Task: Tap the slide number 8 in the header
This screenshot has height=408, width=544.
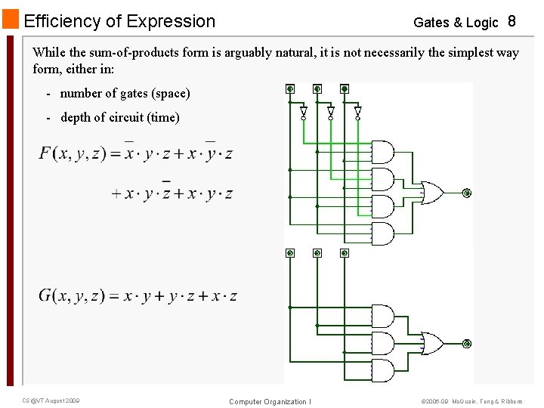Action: pyautogui.click(x=512, y=21)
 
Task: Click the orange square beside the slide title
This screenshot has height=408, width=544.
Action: pyautogui.click(x=11, y=20)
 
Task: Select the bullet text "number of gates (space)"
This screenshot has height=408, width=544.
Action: pyautogui.click(x=125, y=94)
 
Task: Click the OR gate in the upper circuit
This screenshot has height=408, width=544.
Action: pyautogui.click(x=431, y=193)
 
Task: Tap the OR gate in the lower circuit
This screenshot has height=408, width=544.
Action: pyautogui.click(x=431, y=343)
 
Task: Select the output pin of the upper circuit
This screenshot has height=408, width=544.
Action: pyautogui.click(x=466, y=193)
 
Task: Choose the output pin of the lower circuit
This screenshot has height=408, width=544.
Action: pyautogui.click(x=466, y=344)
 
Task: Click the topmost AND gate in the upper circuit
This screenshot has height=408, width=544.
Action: pyautogui.click(x=382, y=152)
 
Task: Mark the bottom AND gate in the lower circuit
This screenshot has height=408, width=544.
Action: pyautogui.click(x=382, y=370)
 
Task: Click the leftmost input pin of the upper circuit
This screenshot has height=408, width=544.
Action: pyautogui.click(x=290, y=88)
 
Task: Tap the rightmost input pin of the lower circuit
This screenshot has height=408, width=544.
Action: pyautogui.click(x=345, y=253)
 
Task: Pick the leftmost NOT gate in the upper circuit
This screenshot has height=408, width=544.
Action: pyautogui.click(x=304, y=113)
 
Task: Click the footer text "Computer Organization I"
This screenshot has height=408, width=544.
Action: pyautogui.click(x=270, y=401)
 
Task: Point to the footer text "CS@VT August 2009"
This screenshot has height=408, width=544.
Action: pyautogui.click(x=51, y=400)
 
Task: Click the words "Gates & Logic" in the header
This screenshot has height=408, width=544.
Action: pyautogui.click(x=456, y=23)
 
